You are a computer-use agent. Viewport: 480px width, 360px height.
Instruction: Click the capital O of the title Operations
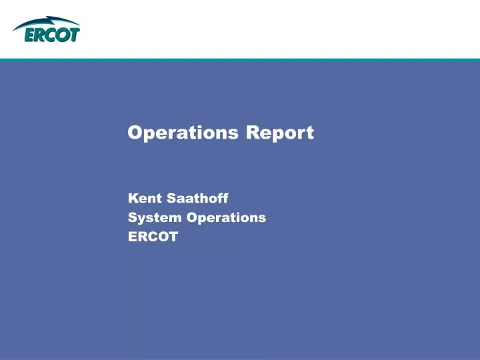tap(135, 133)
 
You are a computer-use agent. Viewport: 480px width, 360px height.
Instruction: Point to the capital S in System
tap(132, 217)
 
